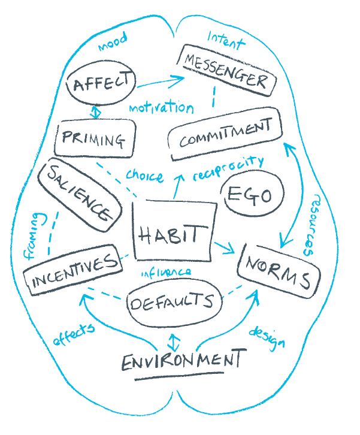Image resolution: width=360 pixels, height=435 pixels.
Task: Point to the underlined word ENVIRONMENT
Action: (x=184, y=361)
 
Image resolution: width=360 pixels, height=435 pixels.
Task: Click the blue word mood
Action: (x=113, y=41)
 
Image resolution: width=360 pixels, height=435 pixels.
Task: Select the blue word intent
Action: (x=226, y=41)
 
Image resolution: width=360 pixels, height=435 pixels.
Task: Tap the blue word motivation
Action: (x=161, y=107)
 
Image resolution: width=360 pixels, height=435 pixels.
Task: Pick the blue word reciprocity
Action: (x=228, y=168)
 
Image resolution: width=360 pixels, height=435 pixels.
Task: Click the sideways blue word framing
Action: (x=34, y=236)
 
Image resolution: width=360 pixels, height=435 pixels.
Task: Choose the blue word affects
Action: (x=74, y=334)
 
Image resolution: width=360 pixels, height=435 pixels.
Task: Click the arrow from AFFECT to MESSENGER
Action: (x=161, y=82)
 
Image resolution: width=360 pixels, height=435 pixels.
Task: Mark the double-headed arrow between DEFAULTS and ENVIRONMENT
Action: (x=173, y=342)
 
